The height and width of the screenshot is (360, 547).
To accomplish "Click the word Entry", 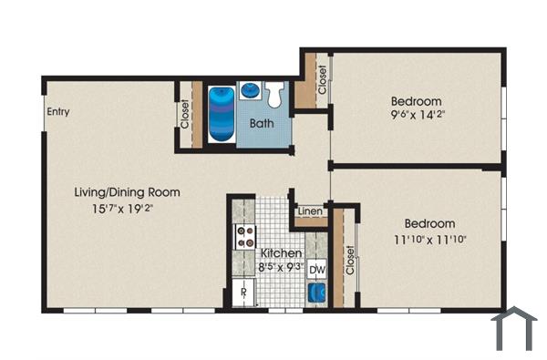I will pyautogui.click(x=58, y=113).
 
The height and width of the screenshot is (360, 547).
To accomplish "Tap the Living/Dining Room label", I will pyautogui.click(x=127, y=192).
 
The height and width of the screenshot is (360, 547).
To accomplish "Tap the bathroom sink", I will pyautogui.click(x=249, y=90).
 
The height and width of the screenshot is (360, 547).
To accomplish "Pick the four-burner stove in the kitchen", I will pyautogui.click(x=244, y=237).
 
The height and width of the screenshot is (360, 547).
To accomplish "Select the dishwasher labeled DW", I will pyautogui.click(x=316, y=270).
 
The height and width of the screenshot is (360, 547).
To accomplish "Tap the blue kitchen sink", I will pyautogui.click(x=316, y=293).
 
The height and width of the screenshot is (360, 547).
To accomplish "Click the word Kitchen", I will pyautogui.click(x=281, y=252).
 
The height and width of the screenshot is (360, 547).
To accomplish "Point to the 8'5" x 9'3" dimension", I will pyautogui.click(x=281, y=268).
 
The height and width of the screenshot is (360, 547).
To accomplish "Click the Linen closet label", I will pyautogui.click(x=310, y=212).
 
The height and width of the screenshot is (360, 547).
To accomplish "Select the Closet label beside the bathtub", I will pyautogui.click(x=185, y=113).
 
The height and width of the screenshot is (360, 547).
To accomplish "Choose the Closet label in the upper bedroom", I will pyautogui.click(x=323, y=80).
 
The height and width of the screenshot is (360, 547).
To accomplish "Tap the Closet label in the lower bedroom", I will pyautogui.click(x=349, y=260).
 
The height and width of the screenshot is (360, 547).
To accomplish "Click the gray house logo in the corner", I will pyautogui.click(x=515, y=329).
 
